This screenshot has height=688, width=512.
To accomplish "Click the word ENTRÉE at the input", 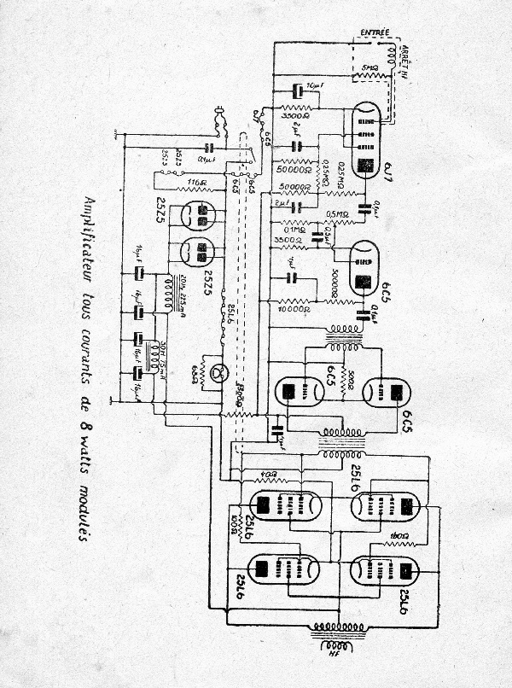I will pos(375,33).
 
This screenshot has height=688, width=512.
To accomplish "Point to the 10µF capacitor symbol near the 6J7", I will pos(298,90).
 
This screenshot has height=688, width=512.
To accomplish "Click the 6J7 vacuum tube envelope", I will pos(365,142).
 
